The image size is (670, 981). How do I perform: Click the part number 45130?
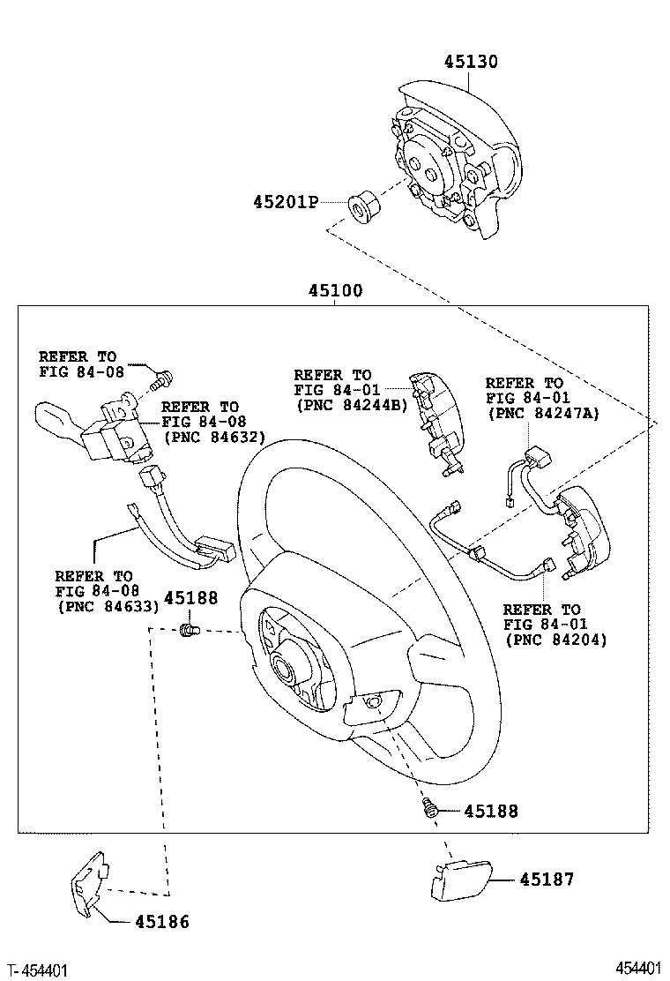470,62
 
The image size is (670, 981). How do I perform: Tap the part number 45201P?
285,201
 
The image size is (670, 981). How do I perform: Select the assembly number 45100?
335,290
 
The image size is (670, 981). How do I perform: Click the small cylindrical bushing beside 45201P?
362,206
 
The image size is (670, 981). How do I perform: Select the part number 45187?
546,880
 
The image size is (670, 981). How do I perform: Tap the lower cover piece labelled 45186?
90,882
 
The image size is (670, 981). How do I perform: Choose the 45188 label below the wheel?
490,811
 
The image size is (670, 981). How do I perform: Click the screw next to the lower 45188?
430,807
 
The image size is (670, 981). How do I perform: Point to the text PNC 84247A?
542,413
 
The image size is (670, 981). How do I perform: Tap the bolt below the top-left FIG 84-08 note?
160,382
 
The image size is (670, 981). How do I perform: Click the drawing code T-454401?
38,970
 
